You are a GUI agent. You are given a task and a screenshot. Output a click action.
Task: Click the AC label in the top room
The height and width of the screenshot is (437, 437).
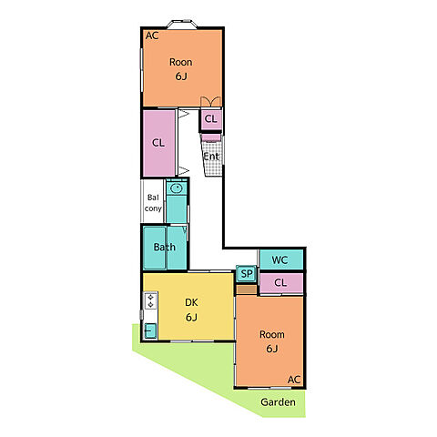point(152,36)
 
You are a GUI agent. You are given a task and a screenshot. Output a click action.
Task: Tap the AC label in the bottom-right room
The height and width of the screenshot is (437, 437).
point(294,380)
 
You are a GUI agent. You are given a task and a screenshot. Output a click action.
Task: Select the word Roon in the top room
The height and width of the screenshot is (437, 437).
point(180,62)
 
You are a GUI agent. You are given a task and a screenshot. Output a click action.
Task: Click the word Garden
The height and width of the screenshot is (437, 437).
point(278,402)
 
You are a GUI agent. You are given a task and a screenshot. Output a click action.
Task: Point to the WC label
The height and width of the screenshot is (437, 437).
point(279,259)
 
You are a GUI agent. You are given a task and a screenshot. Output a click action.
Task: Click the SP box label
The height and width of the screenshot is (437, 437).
point(247,274)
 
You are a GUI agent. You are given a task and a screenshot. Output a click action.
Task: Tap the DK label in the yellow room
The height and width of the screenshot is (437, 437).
point(191,302)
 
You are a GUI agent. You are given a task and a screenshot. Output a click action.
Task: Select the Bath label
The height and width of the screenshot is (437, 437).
point(165,247)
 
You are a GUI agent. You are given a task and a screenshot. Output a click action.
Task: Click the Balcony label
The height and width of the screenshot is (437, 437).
point(153,203)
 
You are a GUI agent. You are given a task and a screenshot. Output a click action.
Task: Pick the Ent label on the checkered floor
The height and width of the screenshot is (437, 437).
point(211,157)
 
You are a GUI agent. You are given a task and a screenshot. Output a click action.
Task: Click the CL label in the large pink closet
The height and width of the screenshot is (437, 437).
point(158,143)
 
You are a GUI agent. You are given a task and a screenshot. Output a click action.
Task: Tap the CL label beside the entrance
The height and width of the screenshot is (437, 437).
point(211,118)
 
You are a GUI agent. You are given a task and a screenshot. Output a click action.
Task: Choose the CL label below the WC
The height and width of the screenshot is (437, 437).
point(280,282)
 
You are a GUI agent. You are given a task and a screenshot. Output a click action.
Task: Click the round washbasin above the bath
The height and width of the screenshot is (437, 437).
point(176,188)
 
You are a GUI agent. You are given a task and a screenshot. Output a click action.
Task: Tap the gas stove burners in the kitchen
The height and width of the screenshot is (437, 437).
point(150,300)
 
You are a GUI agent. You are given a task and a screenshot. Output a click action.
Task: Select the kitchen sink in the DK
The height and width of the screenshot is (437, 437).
point(150,330)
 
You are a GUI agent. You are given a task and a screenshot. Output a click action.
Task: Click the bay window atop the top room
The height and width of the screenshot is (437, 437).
point(182,24)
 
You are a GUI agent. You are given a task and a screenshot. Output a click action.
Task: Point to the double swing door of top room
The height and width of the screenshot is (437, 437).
point(210,102)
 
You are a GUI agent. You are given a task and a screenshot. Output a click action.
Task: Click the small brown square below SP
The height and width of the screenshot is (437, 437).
point(247,290)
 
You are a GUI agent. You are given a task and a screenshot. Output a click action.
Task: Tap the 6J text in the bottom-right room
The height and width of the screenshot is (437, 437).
point(272,349)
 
